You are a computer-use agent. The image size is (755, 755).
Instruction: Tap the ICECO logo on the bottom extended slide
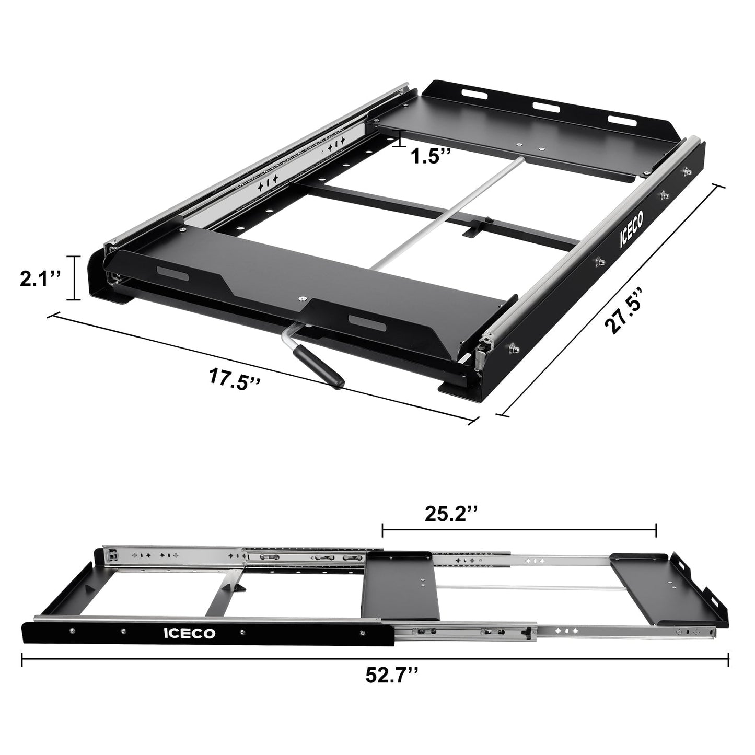(x=189, y=634)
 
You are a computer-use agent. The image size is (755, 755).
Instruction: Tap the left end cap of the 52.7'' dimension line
(x=22, y=659)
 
